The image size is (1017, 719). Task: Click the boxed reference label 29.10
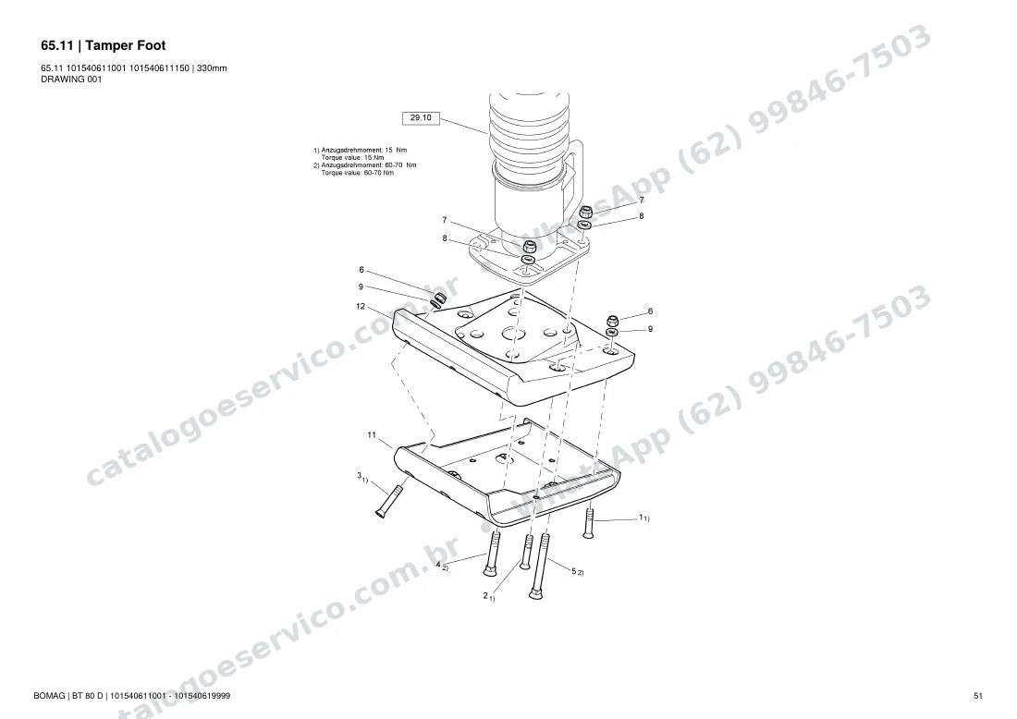pyautogui.click(x=421, y=118)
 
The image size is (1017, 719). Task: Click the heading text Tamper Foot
pyautogui.click(x=125, y=45)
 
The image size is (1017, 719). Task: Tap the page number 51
pyautogui.click(x=978, y=696)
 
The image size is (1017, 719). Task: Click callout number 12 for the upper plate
pyautogui.click(x=361, y=306)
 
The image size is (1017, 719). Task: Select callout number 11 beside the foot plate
pyautogui.click(x=372, y=434)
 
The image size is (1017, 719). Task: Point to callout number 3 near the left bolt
pyautogui.click(x=360, y=475)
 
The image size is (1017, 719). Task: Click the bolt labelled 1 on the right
pyautogui.click(x=589, y=522)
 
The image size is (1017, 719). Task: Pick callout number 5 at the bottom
pyautogui.click(x=573, y=570)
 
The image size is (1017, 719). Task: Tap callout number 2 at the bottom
pyautogui.click(x=485, y=595)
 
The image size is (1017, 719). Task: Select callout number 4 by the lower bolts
pyautogui.click(x=438, y=564)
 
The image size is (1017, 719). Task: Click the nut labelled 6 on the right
pyautogui.click(x=612, y=321)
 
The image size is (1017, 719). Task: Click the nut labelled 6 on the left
pyautogui.click(x=439, y=298)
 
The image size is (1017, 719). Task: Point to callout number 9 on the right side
pyautogui.click(x=651, y=329)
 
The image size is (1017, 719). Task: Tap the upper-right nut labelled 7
pyautogui.click(x=585, y=212)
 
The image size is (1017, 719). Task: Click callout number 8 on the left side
pyautogui.click(x=445, y=238)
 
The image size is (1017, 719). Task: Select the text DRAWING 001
pyautogui.click(x=71, y=79)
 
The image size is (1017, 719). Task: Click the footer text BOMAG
pyautogui.click(x=50, y=696)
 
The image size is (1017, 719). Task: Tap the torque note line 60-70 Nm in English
pyautogui.click(x=358, y=173)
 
